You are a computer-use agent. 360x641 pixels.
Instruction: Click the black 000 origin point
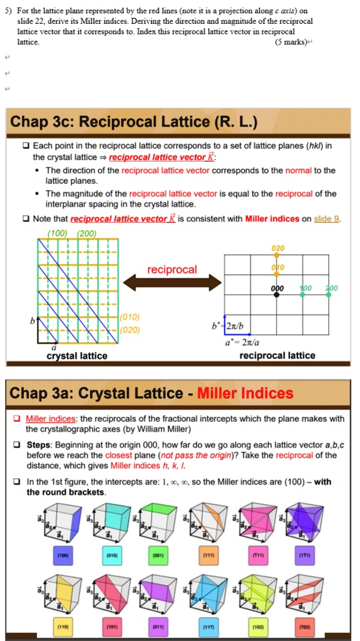coord(276,294)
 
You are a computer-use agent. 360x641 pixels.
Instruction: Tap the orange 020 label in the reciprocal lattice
coord(278,249)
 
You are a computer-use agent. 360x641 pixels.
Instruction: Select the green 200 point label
coord(331,288)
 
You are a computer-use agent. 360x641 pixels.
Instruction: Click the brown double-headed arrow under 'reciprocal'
coord(172,284)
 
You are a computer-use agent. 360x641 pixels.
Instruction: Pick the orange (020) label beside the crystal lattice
coord(132,330)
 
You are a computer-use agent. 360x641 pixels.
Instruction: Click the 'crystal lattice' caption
coord(77,356)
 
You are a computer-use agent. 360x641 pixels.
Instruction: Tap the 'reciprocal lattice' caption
coord(277,356)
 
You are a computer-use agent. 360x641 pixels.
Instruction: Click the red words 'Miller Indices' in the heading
coord(245,393)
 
